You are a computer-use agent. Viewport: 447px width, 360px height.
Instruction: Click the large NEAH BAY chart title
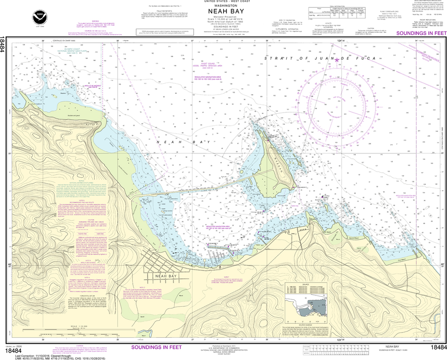tap(223, 12)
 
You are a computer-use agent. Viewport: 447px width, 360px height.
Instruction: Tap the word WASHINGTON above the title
tap(223, 5)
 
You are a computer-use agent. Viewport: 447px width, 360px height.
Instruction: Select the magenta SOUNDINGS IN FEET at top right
tap(421, 33)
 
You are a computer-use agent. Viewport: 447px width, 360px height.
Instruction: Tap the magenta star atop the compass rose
tap(337, 60)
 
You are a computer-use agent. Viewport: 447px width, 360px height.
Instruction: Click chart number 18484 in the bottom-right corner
tap(437, 347)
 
